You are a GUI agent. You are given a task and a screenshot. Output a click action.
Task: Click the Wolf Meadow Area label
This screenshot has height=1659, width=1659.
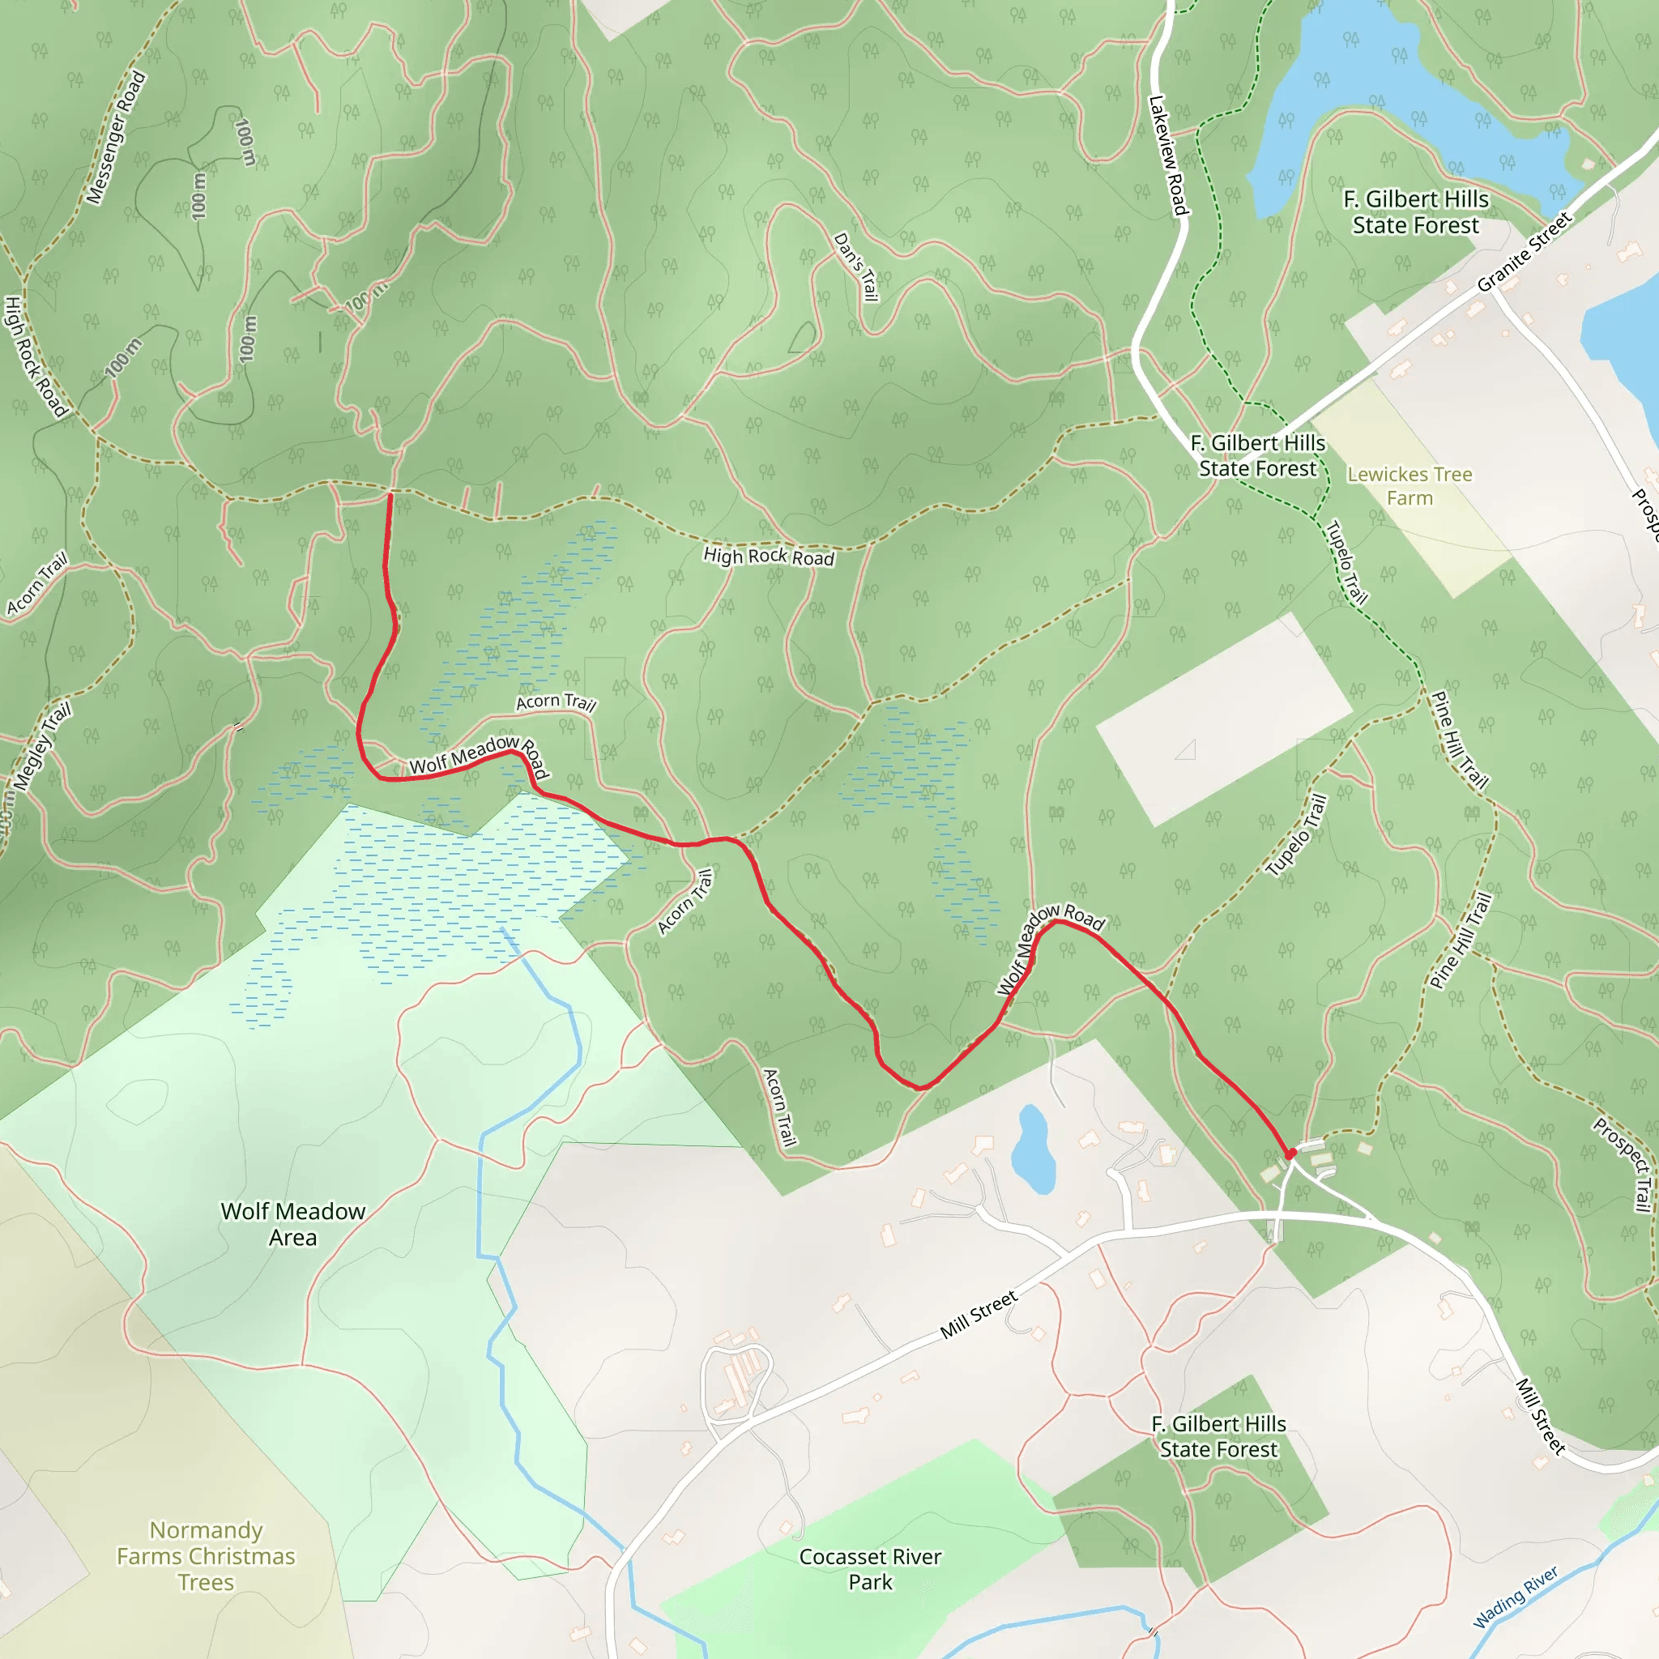point(292,1224)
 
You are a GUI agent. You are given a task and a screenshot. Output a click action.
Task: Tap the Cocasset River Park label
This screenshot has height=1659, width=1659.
point(870,1569)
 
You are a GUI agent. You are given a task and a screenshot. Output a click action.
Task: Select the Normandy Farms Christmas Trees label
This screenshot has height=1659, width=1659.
point(206,1556)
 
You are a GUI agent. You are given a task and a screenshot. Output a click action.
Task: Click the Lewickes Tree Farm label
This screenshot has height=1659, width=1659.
point(1410,486)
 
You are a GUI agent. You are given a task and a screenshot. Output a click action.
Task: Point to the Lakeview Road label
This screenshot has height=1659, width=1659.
point(1168,156)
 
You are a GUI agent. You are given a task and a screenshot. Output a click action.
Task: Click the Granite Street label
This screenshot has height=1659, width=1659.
point(1525,252)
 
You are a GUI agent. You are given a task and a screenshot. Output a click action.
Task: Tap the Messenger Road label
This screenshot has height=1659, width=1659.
point(117,139)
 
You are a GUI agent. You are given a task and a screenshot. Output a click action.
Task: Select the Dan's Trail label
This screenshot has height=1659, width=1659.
point(857,267)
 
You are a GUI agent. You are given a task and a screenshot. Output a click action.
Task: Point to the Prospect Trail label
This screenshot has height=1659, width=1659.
point(1623,1163)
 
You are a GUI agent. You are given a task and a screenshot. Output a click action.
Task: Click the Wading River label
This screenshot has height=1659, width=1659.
point(1516,1597)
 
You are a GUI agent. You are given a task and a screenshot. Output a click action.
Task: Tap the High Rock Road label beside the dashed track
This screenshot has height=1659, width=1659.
point(769,557)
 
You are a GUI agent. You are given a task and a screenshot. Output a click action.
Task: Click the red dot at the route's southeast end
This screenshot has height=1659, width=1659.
point(1290,1154)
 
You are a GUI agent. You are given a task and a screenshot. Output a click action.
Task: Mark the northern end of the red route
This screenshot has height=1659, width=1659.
point(390,496)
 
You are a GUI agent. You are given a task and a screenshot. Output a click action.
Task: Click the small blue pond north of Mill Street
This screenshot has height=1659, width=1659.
point(1032,1149)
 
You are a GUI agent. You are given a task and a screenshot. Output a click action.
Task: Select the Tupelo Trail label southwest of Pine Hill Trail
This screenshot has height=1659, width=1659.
point(1298,835)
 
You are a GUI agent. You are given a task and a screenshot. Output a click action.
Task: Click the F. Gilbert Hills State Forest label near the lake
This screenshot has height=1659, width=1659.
point(1416,212)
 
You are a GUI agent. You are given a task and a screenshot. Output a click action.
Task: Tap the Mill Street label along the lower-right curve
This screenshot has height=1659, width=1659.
point(1541,1416)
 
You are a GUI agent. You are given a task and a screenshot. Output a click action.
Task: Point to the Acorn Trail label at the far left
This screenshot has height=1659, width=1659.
point(37,585)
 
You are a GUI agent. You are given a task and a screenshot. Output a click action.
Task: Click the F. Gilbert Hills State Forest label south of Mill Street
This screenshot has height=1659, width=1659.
point(1218,1436)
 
